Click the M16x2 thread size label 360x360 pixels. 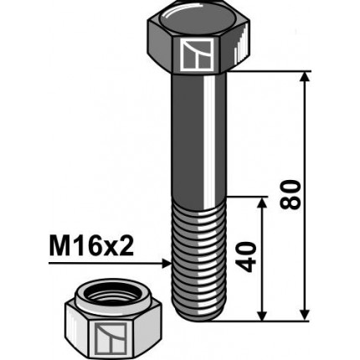pyautogui.click(x=91, y=246)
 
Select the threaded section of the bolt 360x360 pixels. pyautogui.click(x=199, y=260)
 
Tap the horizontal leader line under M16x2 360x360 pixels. pyautogui.click(x=100, y=263)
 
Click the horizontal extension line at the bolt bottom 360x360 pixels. pyautogui.click(x=268, y=320)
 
